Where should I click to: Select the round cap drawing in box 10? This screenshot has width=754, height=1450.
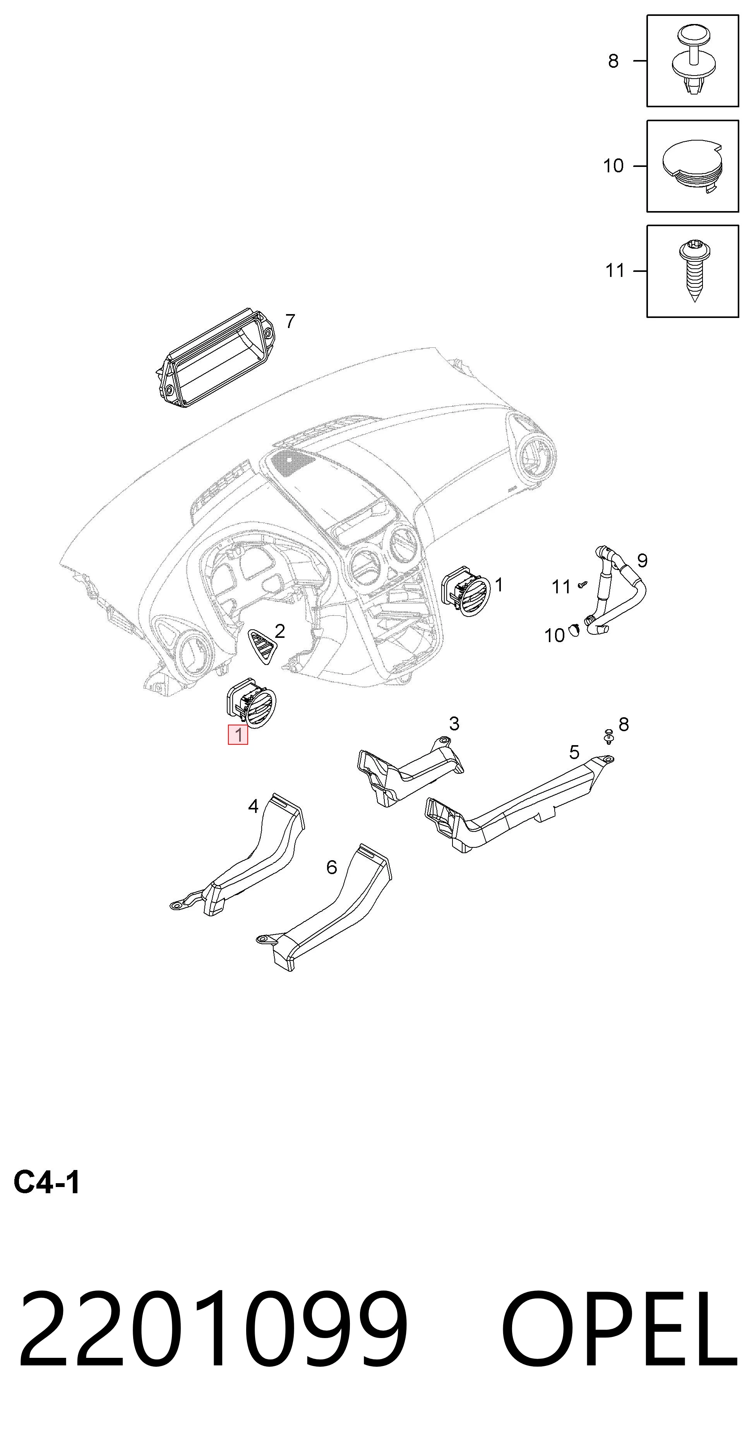click(692, 165)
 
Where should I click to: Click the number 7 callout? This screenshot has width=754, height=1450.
click(290, 321)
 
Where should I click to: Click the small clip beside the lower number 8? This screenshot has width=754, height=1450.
click(608, 736)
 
